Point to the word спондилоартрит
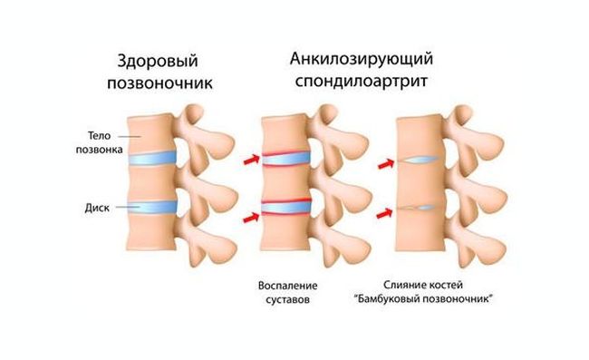[362, 83]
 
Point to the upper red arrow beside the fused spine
[385, 164]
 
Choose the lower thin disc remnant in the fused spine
[422, 208]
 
